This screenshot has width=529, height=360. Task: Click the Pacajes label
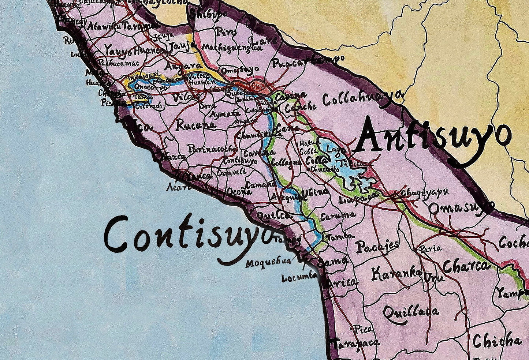point(377,247)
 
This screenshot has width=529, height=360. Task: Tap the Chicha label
point(497,341)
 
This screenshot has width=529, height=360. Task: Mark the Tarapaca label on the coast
point(355,343)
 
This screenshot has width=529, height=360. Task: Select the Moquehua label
point(268,263)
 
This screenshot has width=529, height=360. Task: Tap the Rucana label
point(196,125)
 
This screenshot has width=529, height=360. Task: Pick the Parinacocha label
point(213,149)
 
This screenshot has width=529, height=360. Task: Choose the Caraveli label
point(231,172)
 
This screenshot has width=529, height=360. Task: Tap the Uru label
point(434,278)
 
